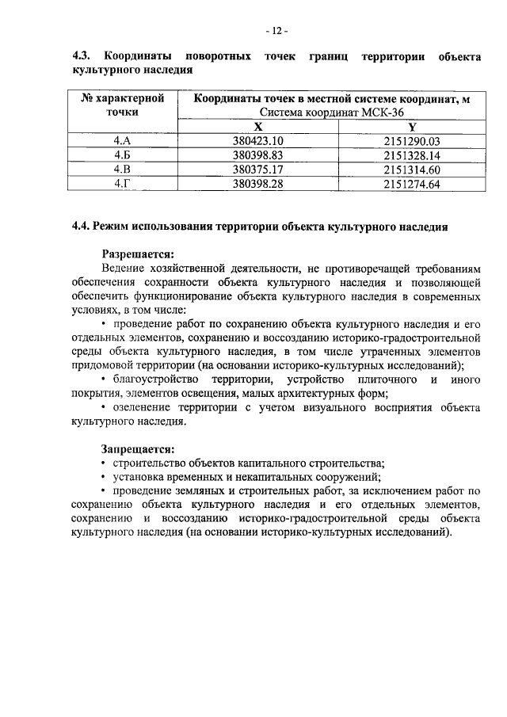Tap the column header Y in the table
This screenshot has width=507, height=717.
411,127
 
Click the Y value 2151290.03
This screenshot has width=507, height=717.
411,141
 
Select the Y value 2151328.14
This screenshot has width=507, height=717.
411,155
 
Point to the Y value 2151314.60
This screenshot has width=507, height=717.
411,170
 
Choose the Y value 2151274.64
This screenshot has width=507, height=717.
411,184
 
